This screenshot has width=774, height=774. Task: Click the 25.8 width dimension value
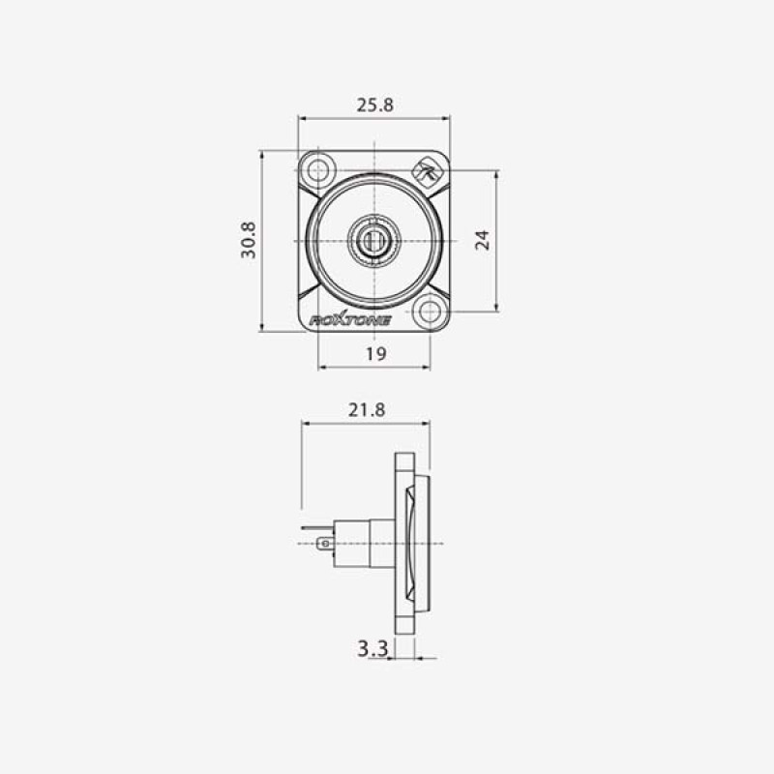[375, 105]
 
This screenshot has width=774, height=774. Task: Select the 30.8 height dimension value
[249, 240]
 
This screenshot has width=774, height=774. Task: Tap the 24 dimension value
[482, 240]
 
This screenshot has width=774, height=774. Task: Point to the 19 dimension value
[375, 354]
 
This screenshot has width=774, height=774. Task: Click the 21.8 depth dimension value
[367, 409]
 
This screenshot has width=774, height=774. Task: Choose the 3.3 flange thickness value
[372, 648]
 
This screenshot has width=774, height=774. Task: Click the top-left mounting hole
[318, 170]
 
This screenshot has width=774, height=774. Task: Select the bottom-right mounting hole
[430, 312]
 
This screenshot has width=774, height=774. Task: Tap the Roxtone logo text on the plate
[350, 320]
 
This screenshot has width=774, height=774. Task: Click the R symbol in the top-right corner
[426, 171]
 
